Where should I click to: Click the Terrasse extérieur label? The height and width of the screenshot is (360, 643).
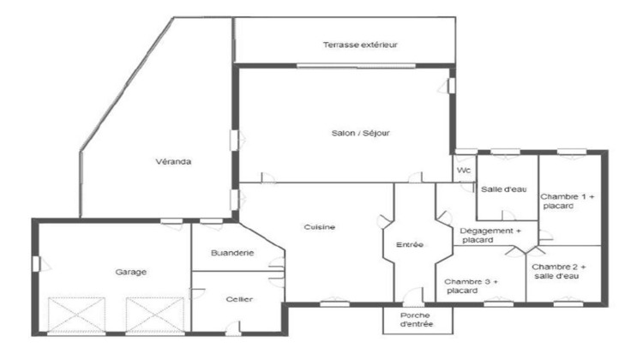point(360,45)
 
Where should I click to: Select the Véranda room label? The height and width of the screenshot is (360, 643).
point(172,161)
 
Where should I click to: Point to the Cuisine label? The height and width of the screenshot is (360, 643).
point(319,226)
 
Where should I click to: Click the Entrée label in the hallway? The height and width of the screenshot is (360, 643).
point(409,245)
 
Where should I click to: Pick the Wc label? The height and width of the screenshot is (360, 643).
point(464,171)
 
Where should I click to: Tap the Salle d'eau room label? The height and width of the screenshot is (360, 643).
point(502,189)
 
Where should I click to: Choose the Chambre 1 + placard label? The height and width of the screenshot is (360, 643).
point(567,201)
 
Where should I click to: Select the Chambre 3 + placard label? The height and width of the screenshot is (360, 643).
point(471,285)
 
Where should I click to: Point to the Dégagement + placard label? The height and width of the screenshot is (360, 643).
point(490,236)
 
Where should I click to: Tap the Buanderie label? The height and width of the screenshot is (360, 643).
point(232,253)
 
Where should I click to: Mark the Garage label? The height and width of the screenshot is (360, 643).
point(131,272)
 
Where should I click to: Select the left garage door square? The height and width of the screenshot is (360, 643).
point(77,315)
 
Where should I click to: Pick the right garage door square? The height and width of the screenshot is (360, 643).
point(155,315)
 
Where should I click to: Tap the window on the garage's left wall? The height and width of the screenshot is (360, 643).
point(35,262)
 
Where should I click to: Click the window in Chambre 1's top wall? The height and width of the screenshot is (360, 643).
point(569,152)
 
